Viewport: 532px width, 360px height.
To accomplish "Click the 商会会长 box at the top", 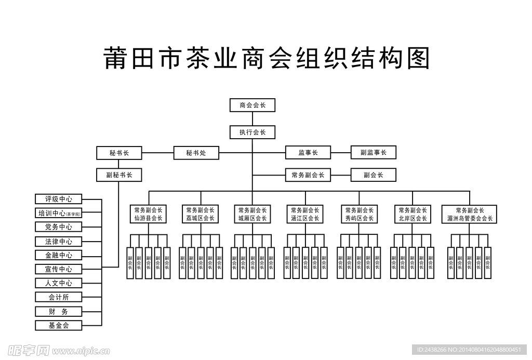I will pos(252,105).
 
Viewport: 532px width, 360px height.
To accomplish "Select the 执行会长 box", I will pos(252,132).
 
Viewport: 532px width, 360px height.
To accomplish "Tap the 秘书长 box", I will pos(119,153).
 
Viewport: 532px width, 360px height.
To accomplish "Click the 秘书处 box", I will pos(196,153).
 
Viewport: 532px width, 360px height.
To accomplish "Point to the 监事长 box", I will pos(308,153).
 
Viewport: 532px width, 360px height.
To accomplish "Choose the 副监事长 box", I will pos(373,153).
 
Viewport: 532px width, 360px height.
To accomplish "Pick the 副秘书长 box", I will pos(119,175).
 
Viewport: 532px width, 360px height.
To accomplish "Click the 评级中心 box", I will pos(59,199).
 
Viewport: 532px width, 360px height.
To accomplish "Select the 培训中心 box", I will pos(59,213).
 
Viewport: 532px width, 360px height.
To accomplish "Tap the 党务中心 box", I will pos(59,227).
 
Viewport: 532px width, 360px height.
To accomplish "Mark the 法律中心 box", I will pos(59,241).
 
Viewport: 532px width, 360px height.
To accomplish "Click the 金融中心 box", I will pos(59,255).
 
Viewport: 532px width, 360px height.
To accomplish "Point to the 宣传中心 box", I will pos(59,269).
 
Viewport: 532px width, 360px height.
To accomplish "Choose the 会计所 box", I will pos(59,297).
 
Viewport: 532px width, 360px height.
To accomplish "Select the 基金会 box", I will pos(59,326).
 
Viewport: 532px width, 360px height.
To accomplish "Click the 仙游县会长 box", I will pos(148,214).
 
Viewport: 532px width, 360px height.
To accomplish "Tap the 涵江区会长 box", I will pos(305,214).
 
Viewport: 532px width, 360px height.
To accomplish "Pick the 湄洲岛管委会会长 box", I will pos(470,214).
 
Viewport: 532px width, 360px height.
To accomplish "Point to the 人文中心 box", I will pos(59,283).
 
